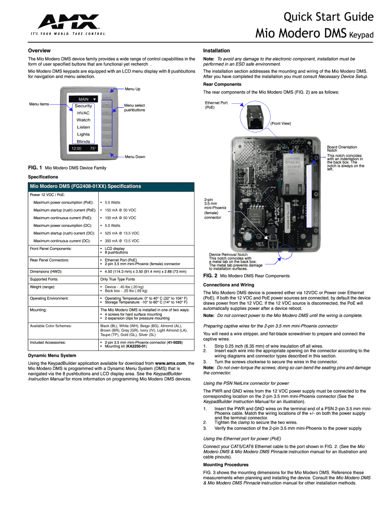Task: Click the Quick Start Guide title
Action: pos(329,17)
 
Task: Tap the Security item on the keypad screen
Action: pos(84,106)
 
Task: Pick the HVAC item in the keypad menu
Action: pos(83,113)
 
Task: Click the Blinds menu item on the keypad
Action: pos(83,142)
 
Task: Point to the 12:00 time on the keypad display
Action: pos(76,149)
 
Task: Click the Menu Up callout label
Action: pos(132,89)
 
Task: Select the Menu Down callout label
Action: pos(135,157)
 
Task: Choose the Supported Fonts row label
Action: pos(44,279)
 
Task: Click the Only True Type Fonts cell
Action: pos(117,279)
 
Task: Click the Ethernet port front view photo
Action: pos(256,117)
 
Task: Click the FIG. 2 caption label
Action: pos(210,276)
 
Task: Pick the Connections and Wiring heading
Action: pos(228,285)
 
